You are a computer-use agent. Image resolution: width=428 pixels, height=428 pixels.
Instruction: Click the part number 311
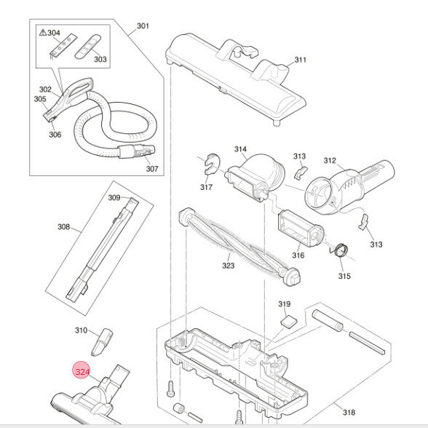[301, 60]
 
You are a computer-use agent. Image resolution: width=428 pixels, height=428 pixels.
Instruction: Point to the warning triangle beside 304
[44, 33]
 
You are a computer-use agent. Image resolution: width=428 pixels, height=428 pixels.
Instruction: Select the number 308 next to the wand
[64, 227]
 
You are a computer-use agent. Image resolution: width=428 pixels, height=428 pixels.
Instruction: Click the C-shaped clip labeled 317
[210, 166]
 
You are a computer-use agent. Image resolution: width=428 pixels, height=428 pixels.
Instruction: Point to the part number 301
[143, 27]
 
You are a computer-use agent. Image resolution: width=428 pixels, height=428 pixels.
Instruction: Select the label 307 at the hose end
[151, 169]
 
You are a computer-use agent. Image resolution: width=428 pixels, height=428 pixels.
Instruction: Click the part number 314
[240, 149]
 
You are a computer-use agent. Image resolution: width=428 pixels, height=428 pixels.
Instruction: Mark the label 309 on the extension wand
[114, 197]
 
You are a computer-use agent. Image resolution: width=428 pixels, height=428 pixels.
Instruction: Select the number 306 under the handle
[55, 134]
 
